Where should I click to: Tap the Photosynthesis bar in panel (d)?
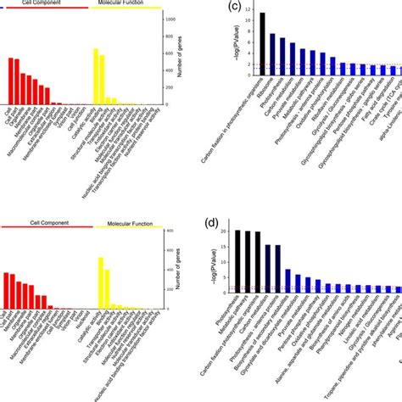click(238, 263)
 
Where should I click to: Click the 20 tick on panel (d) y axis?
click(224, 231)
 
